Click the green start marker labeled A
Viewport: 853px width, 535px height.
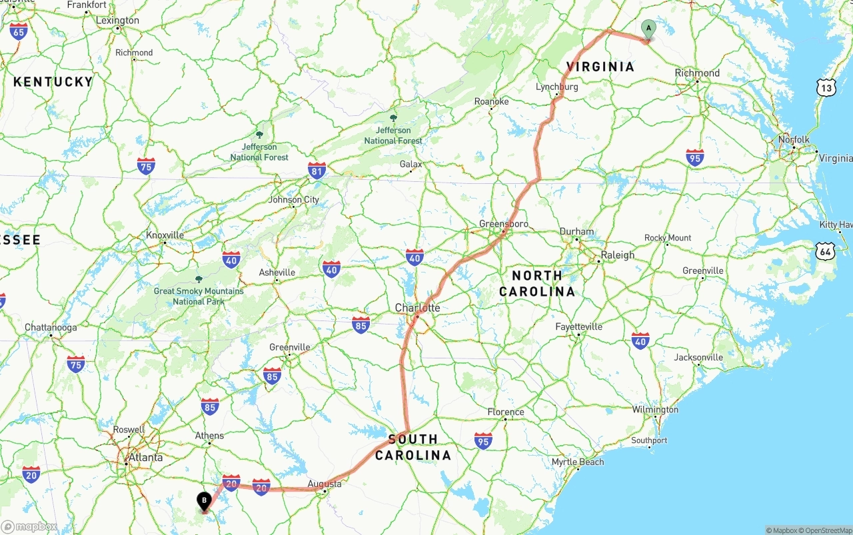pos(648,29)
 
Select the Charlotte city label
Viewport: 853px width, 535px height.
pos(418,308)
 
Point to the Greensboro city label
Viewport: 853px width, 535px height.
pos(504,224)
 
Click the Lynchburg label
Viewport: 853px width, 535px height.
pos(557,87)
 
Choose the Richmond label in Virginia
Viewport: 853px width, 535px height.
pos(697,73)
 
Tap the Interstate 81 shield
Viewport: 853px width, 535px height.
pos(317,171)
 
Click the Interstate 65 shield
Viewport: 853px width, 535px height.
pos(19,31)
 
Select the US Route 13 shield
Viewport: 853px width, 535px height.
pos(827,87)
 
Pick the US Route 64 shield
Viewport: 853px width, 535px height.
pos(826,251)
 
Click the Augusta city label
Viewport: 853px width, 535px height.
pos(325,484)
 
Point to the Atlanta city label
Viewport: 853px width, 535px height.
pos(145,457)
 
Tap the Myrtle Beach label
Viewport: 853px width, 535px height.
pos(578,462)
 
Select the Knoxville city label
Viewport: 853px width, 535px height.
pos(165,235)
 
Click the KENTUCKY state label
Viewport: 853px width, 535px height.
pos(53,81)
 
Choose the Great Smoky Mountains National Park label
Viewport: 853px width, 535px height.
pos(199,296)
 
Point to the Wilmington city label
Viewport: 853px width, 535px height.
pos(655,410)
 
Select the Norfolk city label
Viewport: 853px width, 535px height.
pos(794,140)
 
